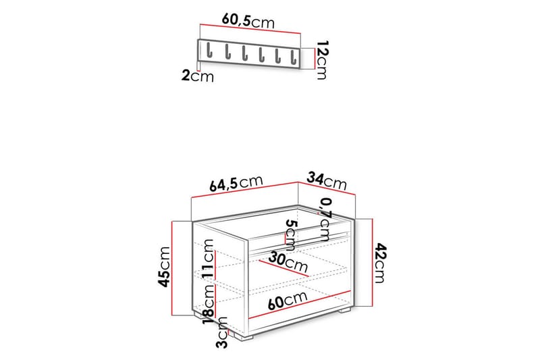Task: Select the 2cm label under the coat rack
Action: point(197,76)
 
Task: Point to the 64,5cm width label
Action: point(236,183)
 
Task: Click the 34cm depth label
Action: point(327,180)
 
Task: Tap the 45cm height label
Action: point(164,267)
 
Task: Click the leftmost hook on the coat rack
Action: point(210,51)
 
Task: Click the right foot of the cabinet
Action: point(345,312)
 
